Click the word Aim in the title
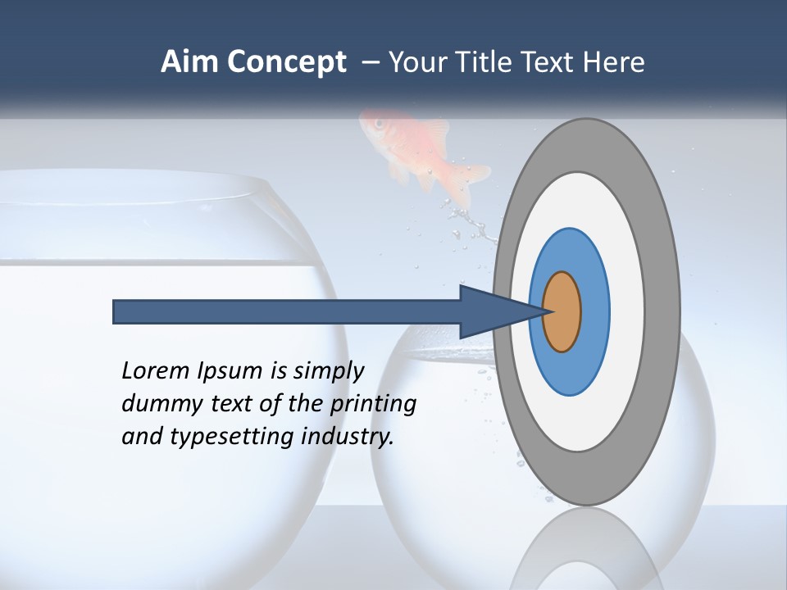(x=189, y=62)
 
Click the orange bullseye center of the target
(x=562, y=311)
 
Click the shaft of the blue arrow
(x=287, y=311)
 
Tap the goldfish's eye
(x=379, y=123)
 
